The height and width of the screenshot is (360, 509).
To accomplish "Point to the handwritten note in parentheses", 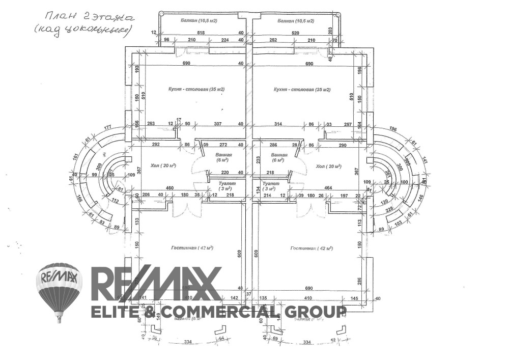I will (82, 31).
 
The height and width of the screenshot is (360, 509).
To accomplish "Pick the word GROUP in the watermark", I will (317, 311).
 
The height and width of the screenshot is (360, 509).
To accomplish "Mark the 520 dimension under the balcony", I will (296, 33).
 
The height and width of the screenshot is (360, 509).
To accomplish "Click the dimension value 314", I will (278, 124).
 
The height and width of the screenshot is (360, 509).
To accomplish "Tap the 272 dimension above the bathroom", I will (223, 145).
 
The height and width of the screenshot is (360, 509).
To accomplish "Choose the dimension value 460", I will (171, 188).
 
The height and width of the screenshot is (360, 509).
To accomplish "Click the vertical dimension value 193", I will (136, 69).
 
